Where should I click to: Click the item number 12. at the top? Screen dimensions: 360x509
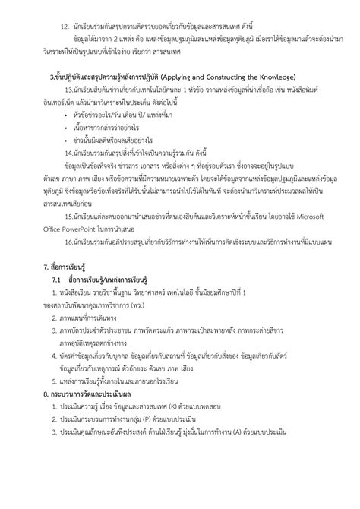[x=53, y=14]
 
